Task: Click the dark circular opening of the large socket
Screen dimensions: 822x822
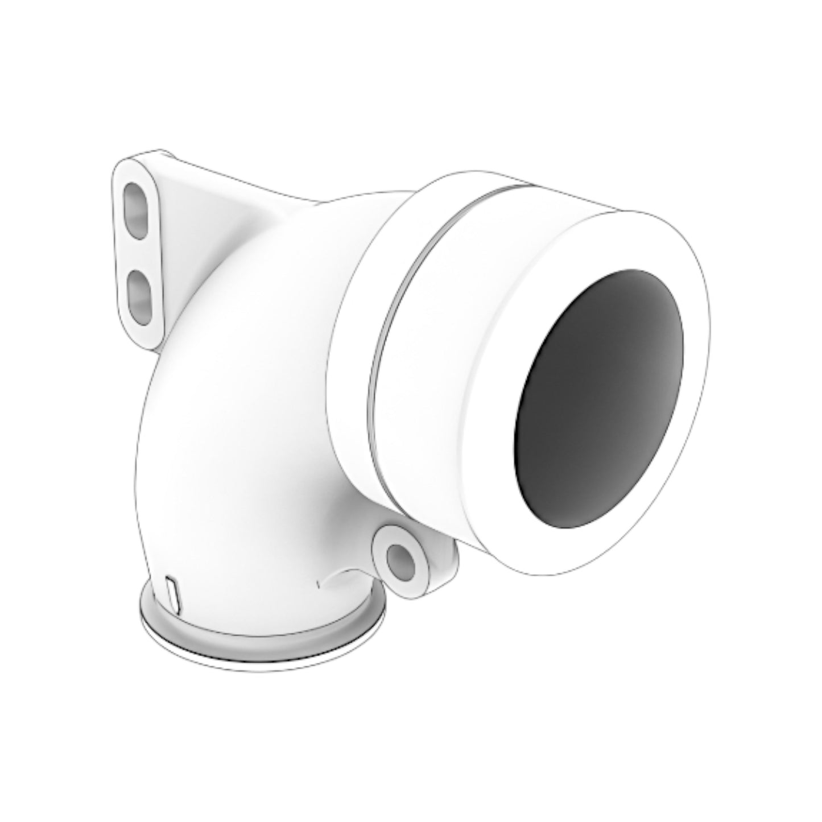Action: tap(597, 398)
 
